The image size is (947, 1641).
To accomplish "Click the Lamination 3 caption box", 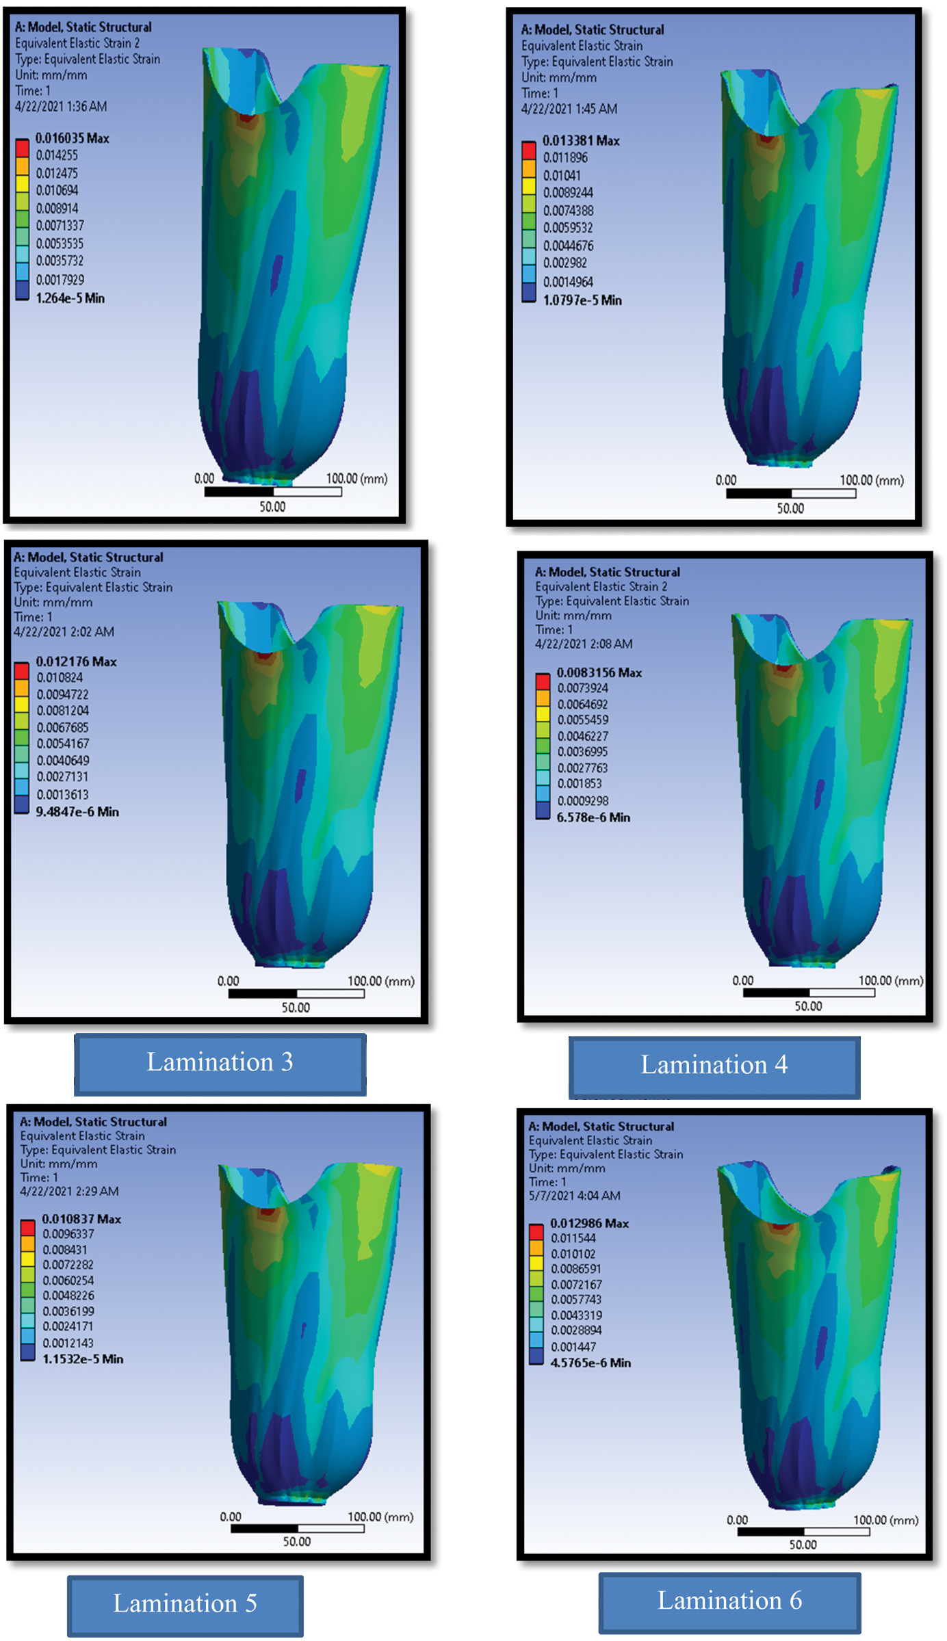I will click(x=220, y=1063).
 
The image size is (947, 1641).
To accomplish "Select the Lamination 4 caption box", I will click(x=714, y=1066).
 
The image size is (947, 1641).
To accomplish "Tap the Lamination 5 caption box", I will click(x=185, y=1604).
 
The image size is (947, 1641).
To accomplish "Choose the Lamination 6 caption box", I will click(x=729, y=1601).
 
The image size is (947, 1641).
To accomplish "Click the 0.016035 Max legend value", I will click(x=72, y=138).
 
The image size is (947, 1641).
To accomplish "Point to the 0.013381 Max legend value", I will click(x=581, y=141).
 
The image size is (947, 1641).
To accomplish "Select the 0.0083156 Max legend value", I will click(x=599, y=673).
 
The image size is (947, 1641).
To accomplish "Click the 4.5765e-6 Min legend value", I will click(x=591, y=1363).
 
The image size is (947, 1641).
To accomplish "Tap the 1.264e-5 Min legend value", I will click(x=70, y=298).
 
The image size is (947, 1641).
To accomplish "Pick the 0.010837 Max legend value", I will click(x=81, y=1219).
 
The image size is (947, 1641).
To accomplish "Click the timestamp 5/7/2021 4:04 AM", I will click(x=574, y=1196).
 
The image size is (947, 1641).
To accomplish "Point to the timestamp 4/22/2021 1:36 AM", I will click(x=61, y=107).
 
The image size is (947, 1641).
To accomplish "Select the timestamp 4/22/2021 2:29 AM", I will click(x=69, y=1191).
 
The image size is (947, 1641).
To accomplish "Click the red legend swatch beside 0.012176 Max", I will click(x=22, y=670).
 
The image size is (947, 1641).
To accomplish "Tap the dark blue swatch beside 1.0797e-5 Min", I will click(x=529, y=293).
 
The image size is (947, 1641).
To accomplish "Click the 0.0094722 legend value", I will click(x=62, y=694).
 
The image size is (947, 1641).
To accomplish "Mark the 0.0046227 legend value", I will click(x=582, y=736).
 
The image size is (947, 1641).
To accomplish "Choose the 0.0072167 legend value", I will click(x=576, y=1285).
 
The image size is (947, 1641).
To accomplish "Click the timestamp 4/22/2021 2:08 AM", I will click(x=584, y=644).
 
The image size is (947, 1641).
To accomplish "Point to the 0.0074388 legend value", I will click(x=568, y=211).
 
